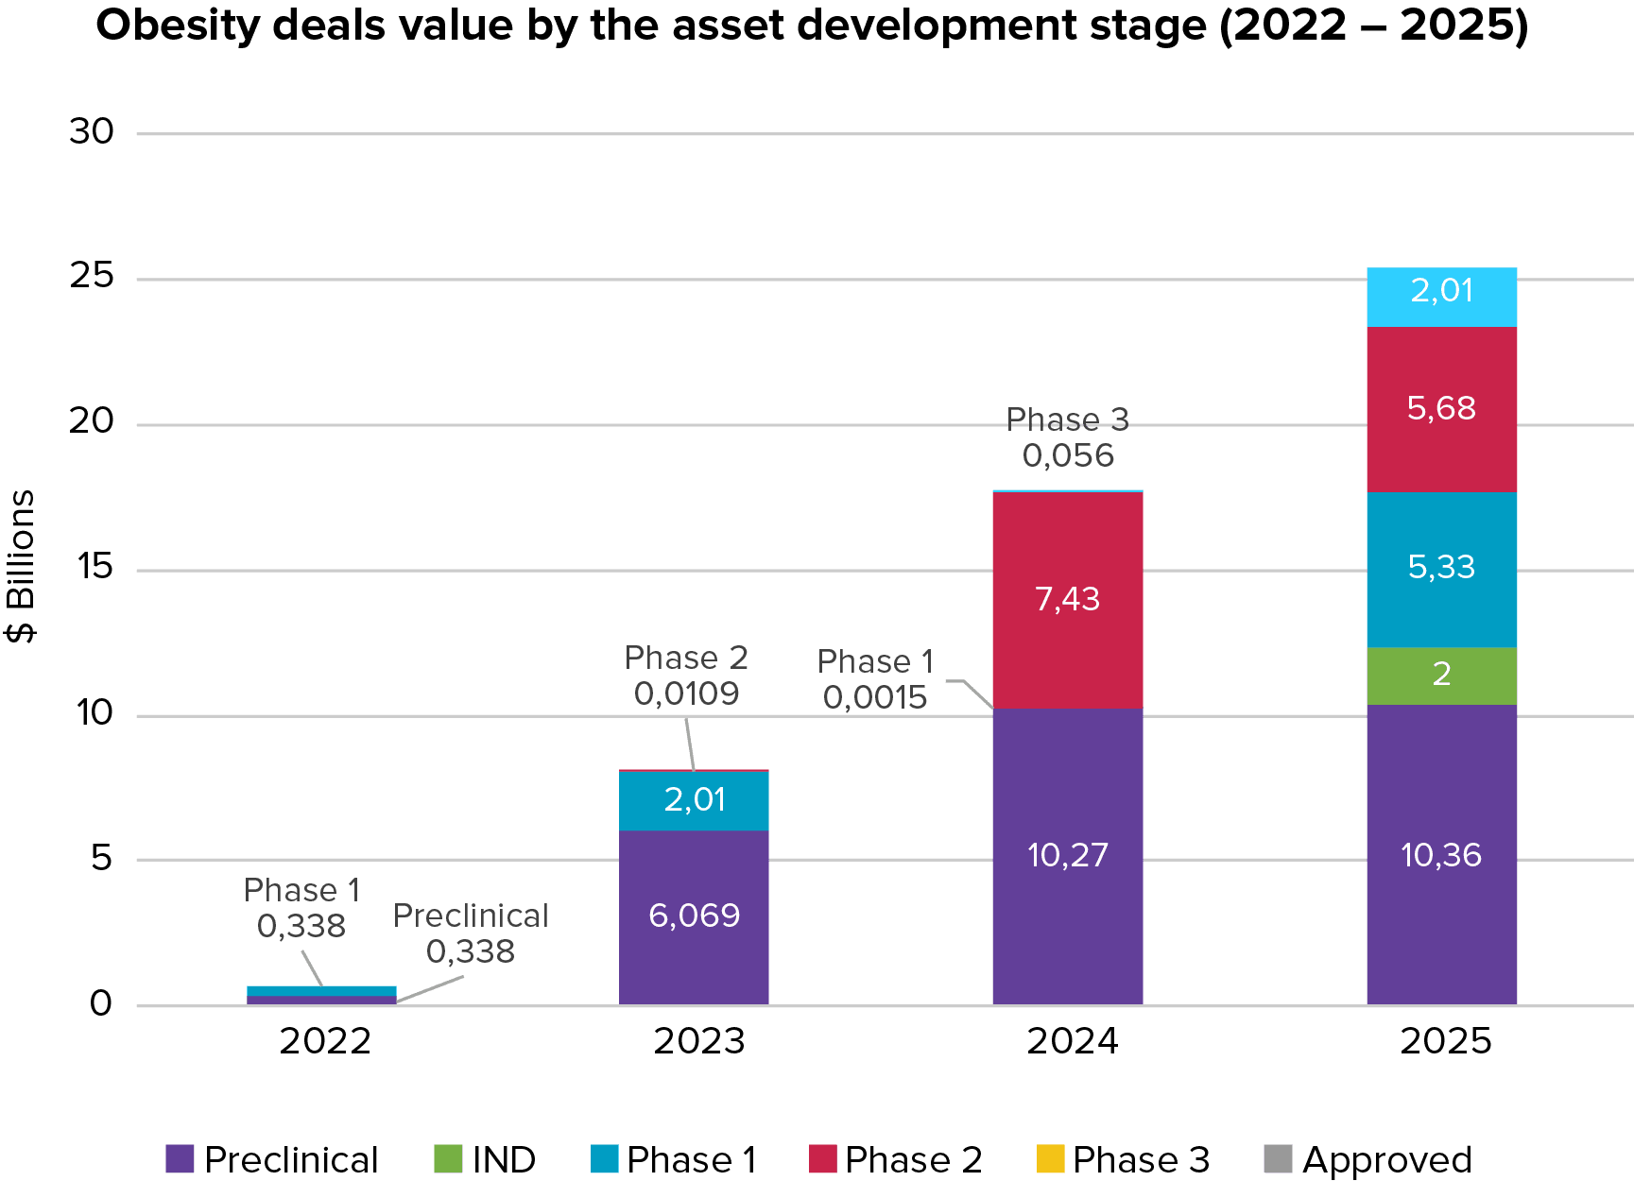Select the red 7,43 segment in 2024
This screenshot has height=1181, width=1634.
(x=1067, y=600)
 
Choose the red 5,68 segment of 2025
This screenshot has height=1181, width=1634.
(x=1441, y=409)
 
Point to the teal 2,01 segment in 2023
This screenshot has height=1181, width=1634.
(x=694, y=801)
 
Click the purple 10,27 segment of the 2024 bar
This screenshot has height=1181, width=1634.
(x=1067, y=855)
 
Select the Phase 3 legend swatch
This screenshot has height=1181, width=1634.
(x=1050, y=1158)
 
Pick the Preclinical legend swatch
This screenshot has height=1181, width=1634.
(x=180, y=1158)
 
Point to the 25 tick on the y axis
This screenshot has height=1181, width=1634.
(x=92, y=277)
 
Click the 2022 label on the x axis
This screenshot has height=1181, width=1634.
(x=325, y=1041)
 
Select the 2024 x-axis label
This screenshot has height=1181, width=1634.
(x=1072, y=1041)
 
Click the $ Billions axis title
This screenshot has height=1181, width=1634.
(x=21, y=567)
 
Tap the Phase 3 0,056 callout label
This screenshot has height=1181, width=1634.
(x=1068, y=437)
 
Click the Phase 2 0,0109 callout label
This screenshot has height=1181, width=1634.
(x=687, y=676)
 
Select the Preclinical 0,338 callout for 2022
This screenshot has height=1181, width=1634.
(x=471, y=933)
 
